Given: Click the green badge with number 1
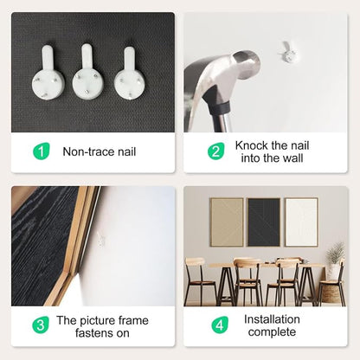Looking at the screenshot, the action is coord(42,151).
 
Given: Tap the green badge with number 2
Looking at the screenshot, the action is coord(215,151).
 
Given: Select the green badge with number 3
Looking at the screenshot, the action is coord(41,325).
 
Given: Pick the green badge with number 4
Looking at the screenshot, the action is coord(220,325).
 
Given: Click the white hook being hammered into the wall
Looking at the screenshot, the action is coord(287,52).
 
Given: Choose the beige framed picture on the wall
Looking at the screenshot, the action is coord(227,222).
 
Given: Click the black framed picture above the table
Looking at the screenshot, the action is coord(264,222).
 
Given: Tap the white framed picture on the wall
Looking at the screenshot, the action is coord(301,222).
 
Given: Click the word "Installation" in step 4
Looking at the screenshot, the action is coord(272,319).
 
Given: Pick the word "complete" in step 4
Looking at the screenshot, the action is coord(272,332).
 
